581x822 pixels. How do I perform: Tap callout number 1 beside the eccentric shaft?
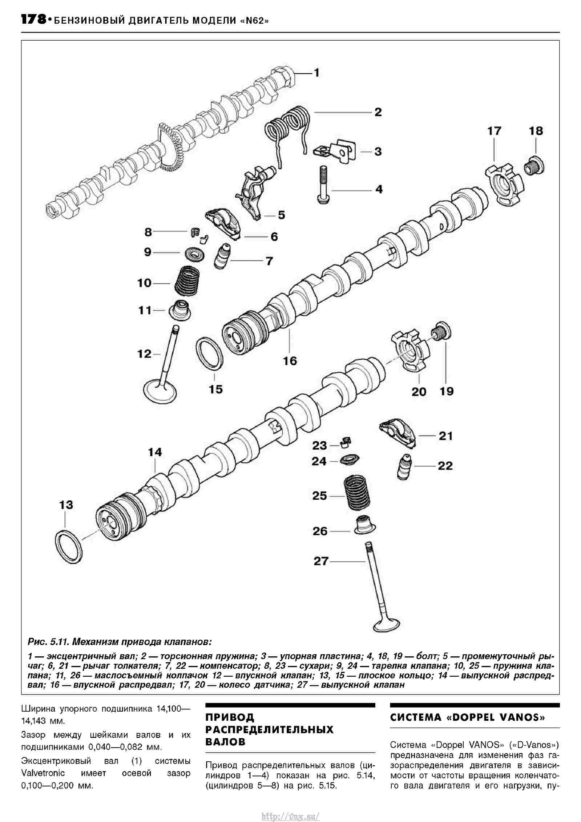click(x=316, y=73)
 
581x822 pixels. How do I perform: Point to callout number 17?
click(x=494, y=131)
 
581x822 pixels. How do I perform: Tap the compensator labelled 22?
click(x=405, y=467)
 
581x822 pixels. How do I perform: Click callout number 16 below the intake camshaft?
click(x=290, y=361)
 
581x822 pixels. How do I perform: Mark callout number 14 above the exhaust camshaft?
click(x=155, y=452)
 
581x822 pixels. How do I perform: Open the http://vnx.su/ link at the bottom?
click(x=291, y=814)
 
